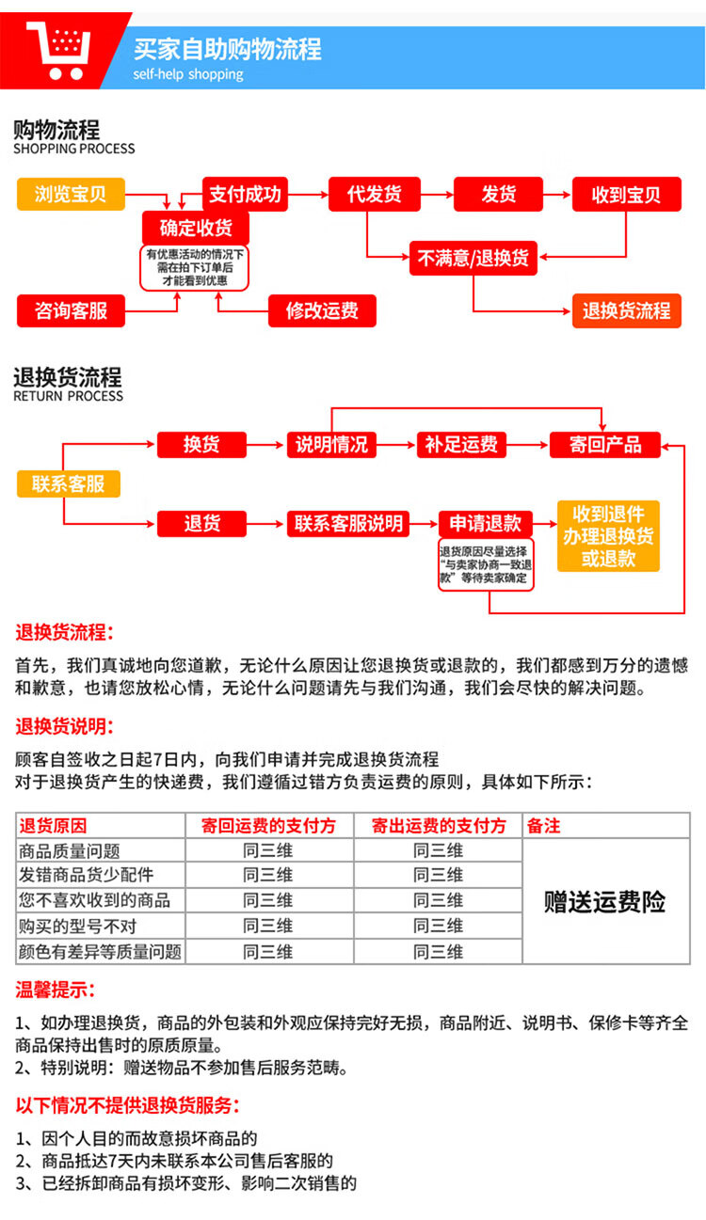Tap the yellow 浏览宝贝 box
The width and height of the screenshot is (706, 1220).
[x=71, y=195]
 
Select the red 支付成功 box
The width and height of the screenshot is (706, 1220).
[x=245, y=195]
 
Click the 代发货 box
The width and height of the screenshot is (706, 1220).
[x=374, y=195]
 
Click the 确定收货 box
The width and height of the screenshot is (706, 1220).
[x=196, y=228]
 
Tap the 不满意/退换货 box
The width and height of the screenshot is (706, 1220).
[x=473, y=258]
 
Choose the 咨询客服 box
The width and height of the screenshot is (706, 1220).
[x=71, y=310]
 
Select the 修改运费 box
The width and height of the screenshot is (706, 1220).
[x=322, y=310]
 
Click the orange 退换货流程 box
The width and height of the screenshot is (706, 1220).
[x=626, y=310]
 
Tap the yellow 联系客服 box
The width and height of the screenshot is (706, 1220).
[x=69, y=483]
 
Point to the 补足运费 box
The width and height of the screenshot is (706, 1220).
[x=461, y=444]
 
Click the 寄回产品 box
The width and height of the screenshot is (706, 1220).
[x=605, y=444]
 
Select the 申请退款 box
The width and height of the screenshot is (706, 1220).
[x=485, y=523]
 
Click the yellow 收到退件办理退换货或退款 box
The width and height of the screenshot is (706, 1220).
[x=608, y=536]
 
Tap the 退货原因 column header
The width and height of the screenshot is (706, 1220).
[x=53, y=825]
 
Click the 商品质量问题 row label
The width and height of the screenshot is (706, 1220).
[x=70, y=850]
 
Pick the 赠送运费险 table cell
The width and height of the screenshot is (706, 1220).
[x=604, y=902]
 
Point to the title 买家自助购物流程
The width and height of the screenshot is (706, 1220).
[x=227, y=48]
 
